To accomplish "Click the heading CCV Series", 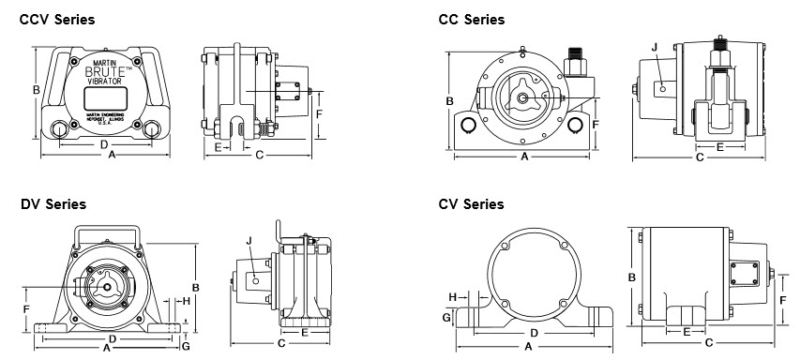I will tap(57, 19).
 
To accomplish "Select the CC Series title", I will tap(472, 19).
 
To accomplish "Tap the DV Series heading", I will tap(53, 203).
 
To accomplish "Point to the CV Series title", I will tap(471, 203).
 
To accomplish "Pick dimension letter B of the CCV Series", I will tap(36, 90).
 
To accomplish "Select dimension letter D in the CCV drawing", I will tap(104, 143).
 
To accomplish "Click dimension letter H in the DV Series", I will tap(187, 301).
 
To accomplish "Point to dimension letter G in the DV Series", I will tap(186, 346).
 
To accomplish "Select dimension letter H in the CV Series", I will tap(452, 297).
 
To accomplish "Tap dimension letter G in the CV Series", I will tap(445, 318).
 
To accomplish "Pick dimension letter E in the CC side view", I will tap(719, 147).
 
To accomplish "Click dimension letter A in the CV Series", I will tap(529, 346).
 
